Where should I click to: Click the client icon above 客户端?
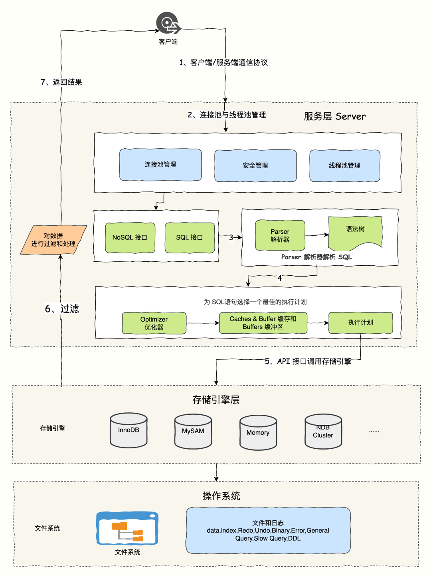point(168,23)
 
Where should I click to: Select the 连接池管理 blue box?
point(160,165)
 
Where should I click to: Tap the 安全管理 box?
point(255,165)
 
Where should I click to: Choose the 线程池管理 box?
point(345,165)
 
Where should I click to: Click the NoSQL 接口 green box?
point(130,238)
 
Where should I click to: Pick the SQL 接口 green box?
point(190,238)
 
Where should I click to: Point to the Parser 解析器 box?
point(280,236)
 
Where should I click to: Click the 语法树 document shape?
point(355,232)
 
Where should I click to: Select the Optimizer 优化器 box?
point(154,323)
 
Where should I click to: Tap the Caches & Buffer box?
point(263,323)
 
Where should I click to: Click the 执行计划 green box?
point(360,323)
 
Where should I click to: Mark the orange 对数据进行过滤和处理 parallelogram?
point(53,240)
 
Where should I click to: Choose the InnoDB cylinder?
point(129,430)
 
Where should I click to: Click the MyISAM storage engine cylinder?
point(193,432)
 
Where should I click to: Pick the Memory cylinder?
point(258,433)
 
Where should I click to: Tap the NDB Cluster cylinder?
point(323,432)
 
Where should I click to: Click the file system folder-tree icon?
point(127,528)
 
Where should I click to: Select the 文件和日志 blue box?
point(268,531)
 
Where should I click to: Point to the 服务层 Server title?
point(334,116)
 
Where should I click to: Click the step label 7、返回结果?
point(61,82)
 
